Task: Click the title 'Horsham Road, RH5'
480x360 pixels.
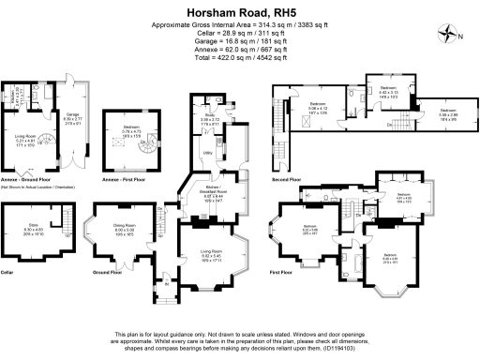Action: click(240, 11)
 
